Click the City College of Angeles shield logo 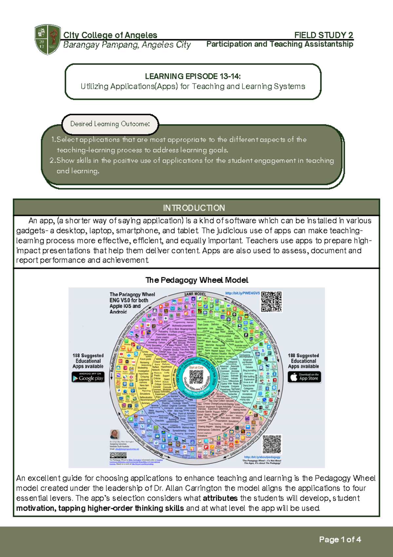point(47,39)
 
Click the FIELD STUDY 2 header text point(323,35)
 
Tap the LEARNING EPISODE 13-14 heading point(193,76)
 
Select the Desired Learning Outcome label point(110,124)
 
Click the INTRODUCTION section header point(194,208)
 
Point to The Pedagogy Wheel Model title point(197,280)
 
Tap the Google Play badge point(88,377)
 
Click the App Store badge point(304,377)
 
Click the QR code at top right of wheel point(271,301)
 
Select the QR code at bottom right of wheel point(272,444)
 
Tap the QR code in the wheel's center point(196,377)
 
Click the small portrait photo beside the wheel point(115,434)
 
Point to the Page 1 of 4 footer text point(340,539)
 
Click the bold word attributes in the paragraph point(220,498)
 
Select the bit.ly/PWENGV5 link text point(242,294)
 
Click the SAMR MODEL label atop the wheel point(195,294)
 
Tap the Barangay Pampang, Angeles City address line point(127,45)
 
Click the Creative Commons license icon point(118,455)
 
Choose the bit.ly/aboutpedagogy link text point(262,457)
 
